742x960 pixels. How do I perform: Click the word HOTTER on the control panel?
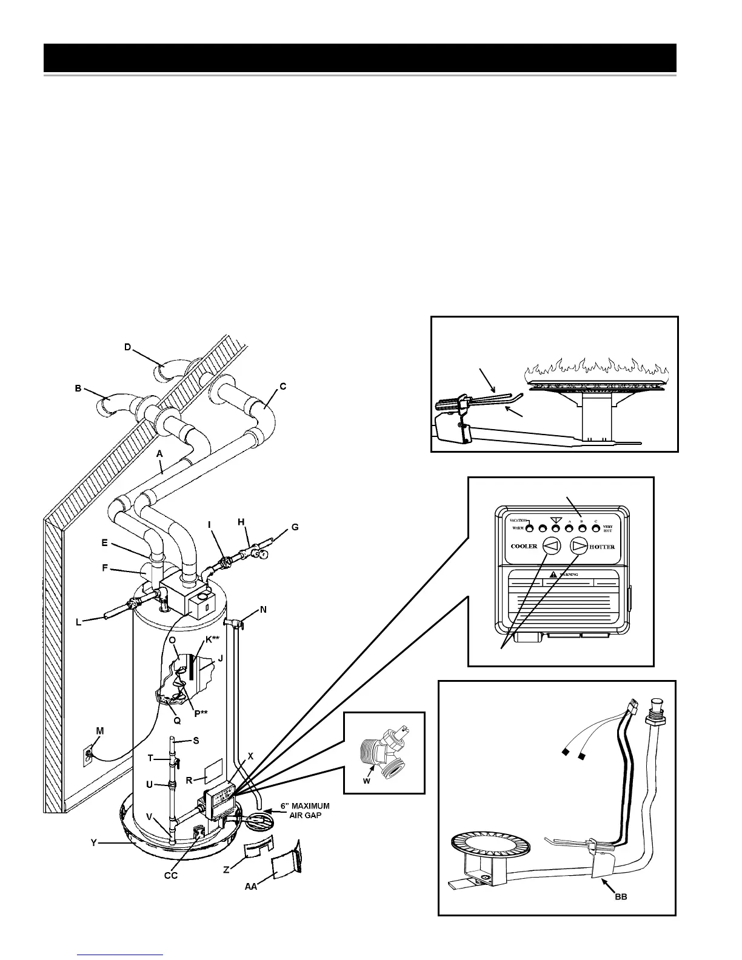click(x=602, y=547)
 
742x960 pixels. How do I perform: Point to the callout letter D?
click(x=128, y=347)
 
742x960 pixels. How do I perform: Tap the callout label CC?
click(x=171, y=875)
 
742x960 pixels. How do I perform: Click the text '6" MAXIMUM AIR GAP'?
click(x=304, y=811)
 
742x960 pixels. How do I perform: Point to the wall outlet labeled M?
click(x=89, y=755)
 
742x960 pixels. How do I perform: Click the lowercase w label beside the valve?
click(x=366, y=781)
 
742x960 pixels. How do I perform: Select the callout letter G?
click(x=295, y=527)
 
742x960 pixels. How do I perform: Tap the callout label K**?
click(x=212, y=639)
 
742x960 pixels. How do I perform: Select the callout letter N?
click(x=263, y=610)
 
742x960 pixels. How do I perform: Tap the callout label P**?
click(x=201, y=713)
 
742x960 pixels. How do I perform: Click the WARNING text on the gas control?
click(x=567, y=575)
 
